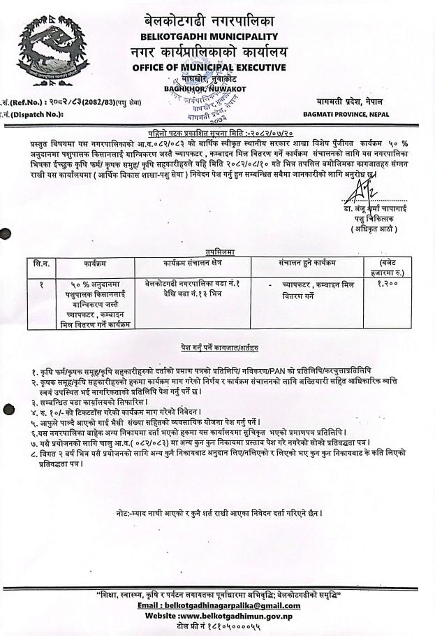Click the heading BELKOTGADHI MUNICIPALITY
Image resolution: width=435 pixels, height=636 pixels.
(208, 36)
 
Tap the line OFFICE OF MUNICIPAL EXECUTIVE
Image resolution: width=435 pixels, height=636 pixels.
(208, 67)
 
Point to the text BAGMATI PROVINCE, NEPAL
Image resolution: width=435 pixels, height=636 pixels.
(346, 114)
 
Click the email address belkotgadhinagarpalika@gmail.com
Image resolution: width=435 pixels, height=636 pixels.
(219, 606)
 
